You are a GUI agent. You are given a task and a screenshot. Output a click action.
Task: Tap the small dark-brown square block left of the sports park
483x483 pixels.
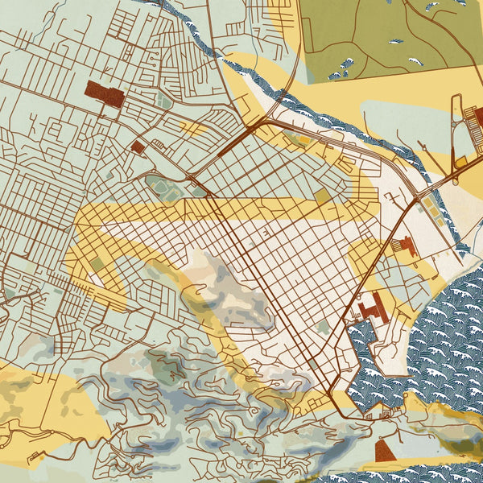coord(138,147)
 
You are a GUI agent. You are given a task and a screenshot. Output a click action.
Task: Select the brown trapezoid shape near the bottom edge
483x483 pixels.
coord(385,451)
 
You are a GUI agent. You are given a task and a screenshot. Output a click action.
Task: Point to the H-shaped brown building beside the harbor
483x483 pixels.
coord(372,308)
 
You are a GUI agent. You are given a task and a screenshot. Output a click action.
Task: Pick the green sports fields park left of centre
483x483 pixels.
coord(165,188)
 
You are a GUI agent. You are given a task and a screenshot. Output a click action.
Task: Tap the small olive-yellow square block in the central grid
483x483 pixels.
coord(321,196)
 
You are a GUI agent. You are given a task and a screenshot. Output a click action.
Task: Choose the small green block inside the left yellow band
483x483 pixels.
coord(97,265)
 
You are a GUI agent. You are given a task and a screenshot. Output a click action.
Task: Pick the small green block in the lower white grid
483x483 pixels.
coord(323,327)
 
